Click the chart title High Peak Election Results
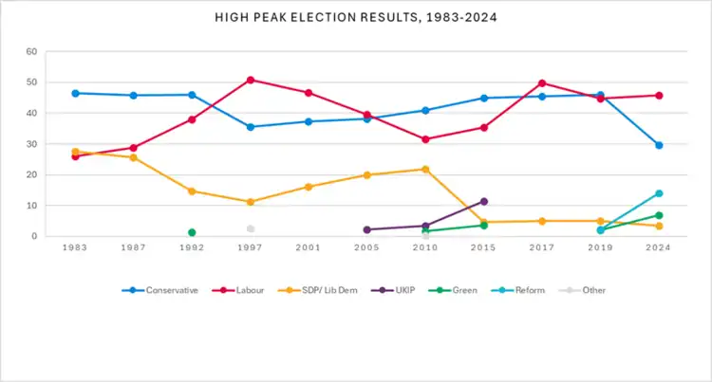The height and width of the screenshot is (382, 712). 356,18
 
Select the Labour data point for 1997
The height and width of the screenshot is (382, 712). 251,80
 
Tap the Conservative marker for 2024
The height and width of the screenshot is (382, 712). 659,145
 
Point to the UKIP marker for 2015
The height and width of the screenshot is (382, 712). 484,201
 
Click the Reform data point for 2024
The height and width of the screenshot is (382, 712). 659,193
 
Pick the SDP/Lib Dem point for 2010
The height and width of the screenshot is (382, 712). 425,169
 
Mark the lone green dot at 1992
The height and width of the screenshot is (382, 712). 192,232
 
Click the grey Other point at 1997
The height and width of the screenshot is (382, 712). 251,228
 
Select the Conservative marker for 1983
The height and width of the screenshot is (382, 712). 75,93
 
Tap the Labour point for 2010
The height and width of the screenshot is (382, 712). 425,139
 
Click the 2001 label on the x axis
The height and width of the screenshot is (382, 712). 309,247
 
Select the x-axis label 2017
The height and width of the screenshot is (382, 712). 542,247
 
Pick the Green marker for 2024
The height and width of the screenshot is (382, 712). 659,215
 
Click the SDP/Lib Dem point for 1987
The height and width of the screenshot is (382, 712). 134,157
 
